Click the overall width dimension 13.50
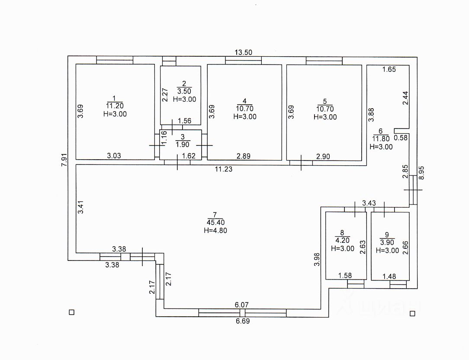pos(243,52)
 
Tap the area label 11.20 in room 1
pos(115,106)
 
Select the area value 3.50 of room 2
pos(184,91)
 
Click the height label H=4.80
pos(215,231)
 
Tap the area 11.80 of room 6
pos(381,139)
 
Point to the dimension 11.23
pos(224,169)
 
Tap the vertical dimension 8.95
pos(423,173)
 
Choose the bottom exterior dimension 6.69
pos(242,321)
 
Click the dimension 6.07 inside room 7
pos(241,305)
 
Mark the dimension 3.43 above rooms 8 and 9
pos(369,202)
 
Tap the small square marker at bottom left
pos(72,312)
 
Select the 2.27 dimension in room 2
pos(164,95)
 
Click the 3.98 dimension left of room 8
pos(317,259)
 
